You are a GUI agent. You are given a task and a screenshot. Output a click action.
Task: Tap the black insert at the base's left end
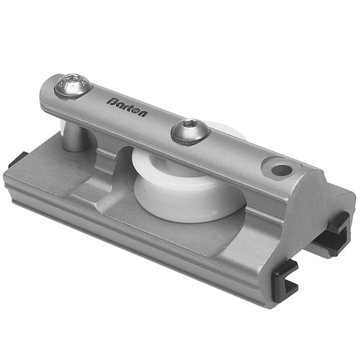click(18, 161)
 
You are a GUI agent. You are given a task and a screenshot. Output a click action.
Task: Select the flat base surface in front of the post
click(61, 169)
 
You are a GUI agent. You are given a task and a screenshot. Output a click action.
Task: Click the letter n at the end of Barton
click(143, 113)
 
